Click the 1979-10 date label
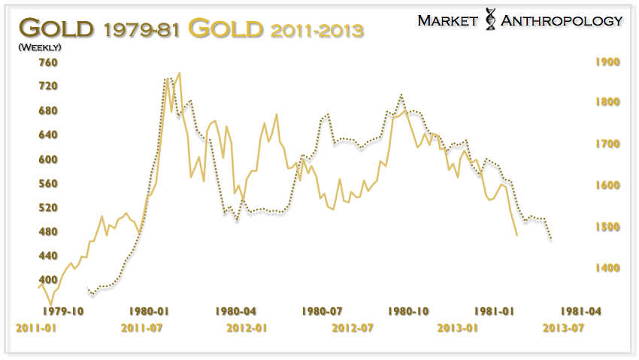63,310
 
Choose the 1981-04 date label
580,310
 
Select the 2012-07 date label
353,328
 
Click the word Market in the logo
450,20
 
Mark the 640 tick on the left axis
28,135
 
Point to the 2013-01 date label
459,328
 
